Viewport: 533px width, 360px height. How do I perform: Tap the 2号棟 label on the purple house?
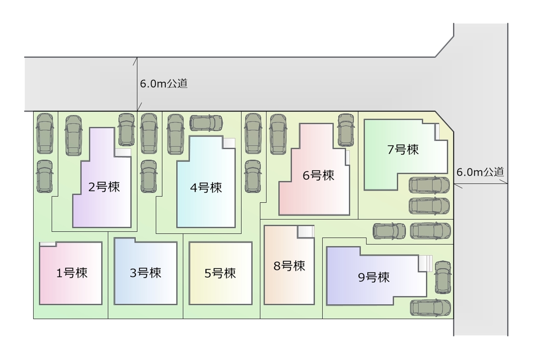104,187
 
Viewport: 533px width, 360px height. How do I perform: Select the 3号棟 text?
145,273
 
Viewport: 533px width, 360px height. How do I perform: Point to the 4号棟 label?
206,188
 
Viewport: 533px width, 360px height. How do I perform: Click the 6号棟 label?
318,176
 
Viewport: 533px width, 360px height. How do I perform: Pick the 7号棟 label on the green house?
403,149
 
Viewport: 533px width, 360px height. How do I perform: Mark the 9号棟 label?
374,277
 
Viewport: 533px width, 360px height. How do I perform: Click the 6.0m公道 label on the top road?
163,84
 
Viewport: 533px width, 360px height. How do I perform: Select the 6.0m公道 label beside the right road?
480,171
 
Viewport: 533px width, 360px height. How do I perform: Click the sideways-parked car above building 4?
206,123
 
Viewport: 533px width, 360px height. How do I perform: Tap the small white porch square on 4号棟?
229,143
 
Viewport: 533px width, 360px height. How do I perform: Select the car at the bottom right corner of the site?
430,308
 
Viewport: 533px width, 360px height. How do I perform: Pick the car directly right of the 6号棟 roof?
346,130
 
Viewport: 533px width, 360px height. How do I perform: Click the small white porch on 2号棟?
123,152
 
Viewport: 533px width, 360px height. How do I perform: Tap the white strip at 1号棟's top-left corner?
47,244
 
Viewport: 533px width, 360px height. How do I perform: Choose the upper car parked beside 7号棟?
429,185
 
